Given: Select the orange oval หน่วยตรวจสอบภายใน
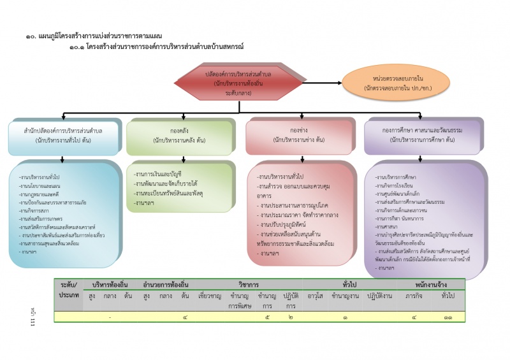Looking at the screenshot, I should pos(382,82).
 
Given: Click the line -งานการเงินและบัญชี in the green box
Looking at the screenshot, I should pos(157,173).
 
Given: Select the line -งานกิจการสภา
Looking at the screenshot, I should pos(37,210).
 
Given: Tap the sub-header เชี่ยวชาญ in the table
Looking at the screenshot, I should pos(210,296).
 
